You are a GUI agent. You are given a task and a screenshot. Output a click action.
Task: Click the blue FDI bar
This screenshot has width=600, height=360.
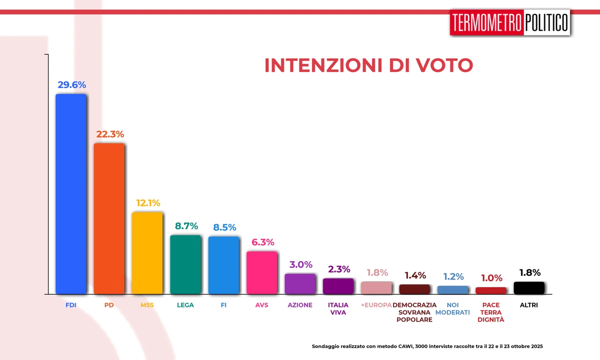70,193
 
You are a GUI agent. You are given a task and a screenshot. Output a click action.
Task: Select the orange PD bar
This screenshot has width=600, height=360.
109,218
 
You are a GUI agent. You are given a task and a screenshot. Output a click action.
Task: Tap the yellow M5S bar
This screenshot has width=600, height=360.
147,252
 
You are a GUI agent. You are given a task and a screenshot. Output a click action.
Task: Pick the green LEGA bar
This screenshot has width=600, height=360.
185,264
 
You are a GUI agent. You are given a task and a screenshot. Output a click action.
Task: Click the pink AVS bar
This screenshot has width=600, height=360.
261,272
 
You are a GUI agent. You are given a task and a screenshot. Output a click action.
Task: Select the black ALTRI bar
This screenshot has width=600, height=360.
529,287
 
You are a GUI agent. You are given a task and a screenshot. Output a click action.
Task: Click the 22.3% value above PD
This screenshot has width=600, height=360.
109,134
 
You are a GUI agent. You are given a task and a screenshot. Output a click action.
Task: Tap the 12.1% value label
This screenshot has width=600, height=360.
148,203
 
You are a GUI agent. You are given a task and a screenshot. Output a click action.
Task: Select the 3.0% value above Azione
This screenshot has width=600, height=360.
300,264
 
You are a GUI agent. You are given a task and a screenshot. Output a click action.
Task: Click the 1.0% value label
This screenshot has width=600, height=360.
491,278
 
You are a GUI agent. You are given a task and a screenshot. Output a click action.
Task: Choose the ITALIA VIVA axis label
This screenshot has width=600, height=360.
338,308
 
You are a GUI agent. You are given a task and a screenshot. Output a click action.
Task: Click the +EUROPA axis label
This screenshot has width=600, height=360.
376,305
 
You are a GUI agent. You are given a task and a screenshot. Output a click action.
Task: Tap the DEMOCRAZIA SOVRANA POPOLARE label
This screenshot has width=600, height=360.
414,312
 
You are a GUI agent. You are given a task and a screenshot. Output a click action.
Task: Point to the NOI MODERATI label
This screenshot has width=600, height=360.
452,308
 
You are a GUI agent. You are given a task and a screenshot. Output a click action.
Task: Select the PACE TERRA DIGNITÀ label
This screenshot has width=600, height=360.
491,312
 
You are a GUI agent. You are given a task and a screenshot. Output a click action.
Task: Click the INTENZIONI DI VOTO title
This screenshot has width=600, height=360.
368,65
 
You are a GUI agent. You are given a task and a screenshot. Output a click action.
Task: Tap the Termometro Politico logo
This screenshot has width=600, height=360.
509,22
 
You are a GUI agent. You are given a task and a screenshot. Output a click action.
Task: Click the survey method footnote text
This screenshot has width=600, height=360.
427,346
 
